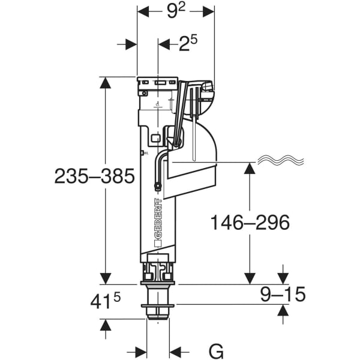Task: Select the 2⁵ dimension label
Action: tap(187, 43)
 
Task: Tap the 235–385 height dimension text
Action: tap(94, 176)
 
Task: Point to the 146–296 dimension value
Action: tap(250, 222)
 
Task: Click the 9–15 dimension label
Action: tap(282, 294)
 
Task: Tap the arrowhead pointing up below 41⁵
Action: tap(106, 326)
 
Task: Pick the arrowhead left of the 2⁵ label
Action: tap(130, 44)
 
